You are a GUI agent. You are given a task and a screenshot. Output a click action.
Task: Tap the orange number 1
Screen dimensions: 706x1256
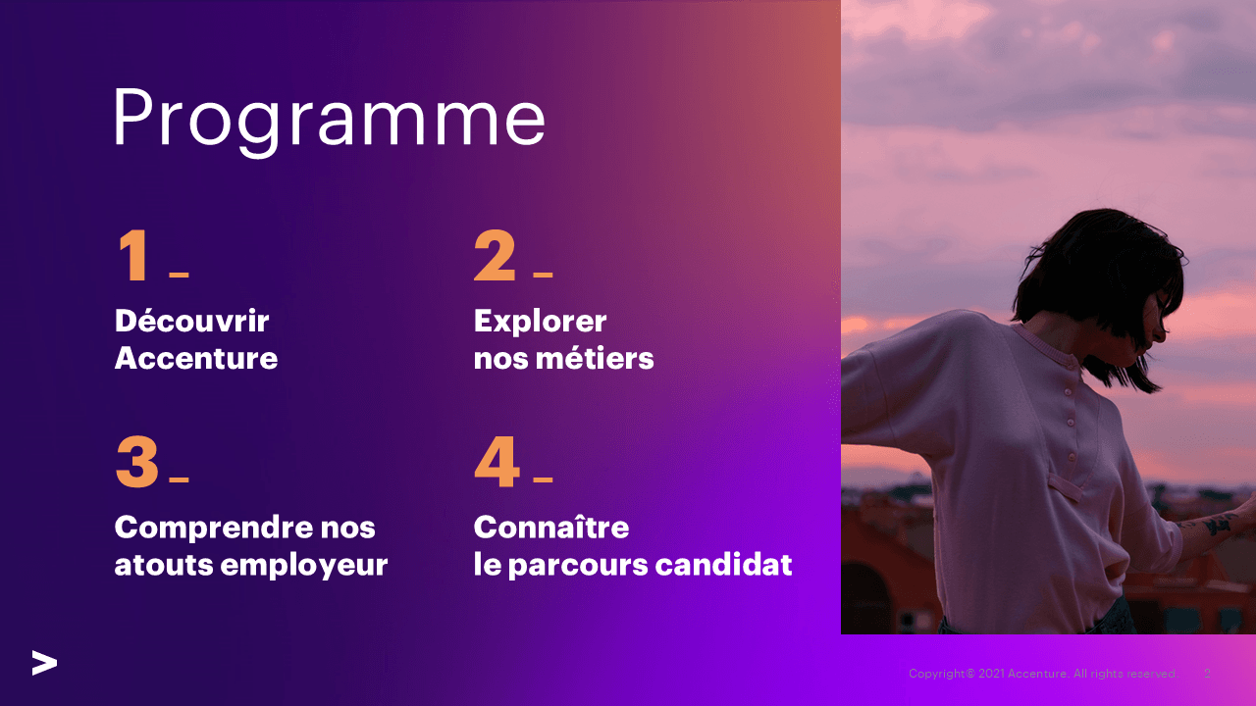[134, 257]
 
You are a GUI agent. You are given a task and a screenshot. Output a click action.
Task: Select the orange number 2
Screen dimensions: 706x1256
[494, 257]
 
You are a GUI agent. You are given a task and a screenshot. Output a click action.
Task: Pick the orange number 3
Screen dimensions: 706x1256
[136, 463]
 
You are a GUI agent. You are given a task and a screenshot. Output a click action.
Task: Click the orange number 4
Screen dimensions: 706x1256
[497, 463]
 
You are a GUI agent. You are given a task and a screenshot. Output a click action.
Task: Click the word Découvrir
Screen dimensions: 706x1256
[191, 321]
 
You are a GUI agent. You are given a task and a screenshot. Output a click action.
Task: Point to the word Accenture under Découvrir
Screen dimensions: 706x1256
[195, 359]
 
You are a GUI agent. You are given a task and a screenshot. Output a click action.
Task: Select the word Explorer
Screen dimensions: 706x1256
[540, 321]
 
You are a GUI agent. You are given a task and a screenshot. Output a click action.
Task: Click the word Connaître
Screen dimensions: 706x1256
[550, 527]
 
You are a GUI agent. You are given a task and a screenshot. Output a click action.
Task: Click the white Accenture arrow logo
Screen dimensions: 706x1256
[44, 663]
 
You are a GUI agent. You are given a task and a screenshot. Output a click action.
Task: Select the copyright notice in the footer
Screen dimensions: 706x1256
[1042, 674]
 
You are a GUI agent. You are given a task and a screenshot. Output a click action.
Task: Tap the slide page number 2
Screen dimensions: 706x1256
[1207, 674]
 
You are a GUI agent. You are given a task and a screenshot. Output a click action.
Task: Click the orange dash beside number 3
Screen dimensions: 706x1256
[179, 479]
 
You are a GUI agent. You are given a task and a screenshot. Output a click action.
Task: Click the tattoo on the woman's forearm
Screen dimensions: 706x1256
[1217, 525]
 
